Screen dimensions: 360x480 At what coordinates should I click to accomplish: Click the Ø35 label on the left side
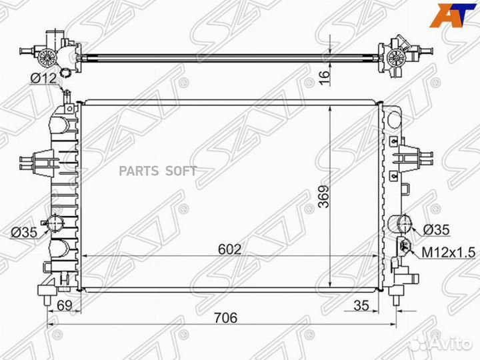(x=23, y=232)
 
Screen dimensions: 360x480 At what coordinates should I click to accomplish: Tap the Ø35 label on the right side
(x=437, y=229)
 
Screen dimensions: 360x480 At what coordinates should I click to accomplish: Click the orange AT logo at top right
(x=451, y=14)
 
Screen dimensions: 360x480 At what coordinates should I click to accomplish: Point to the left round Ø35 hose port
(x=55, y=224)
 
